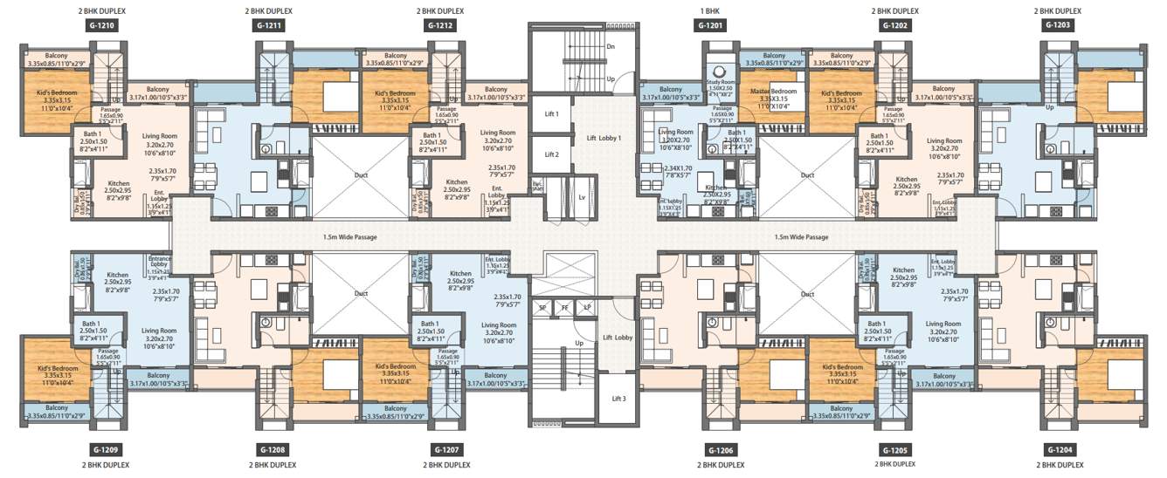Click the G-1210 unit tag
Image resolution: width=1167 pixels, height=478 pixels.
coord(101,26)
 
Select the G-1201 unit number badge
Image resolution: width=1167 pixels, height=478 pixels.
coord(710,26)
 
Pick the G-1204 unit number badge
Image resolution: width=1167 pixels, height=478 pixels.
coord(1057,449)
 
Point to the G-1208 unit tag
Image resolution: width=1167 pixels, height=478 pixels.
coord(269,449)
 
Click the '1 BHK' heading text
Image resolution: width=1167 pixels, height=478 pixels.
coord(710,11)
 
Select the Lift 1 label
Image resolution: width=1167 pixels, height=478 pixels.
coord(551,113)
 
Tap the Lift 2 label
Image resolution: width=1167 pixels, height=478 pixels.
coord(551,154)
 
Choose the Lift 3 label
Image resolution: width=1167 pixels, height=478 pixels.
coord(618,399)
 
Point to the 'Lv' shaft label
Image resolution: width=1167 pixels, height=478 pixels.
coord(581,197)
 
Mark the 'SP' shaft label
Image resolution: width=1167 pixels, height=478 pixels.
coord(542,308)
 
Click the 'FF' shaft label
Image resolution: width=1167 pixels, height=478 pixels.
coord(564,308)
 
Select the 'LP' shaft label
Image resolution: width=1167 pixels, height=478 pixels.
coord(586,308)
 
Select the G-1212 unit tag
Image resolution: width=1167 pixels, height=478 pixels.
coord(440,26)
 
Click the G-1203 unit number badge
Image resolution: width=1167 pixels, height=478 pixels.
coord(1057,26)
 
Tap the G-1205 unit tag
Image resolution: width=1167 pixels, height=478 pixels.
coord(894,449)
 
